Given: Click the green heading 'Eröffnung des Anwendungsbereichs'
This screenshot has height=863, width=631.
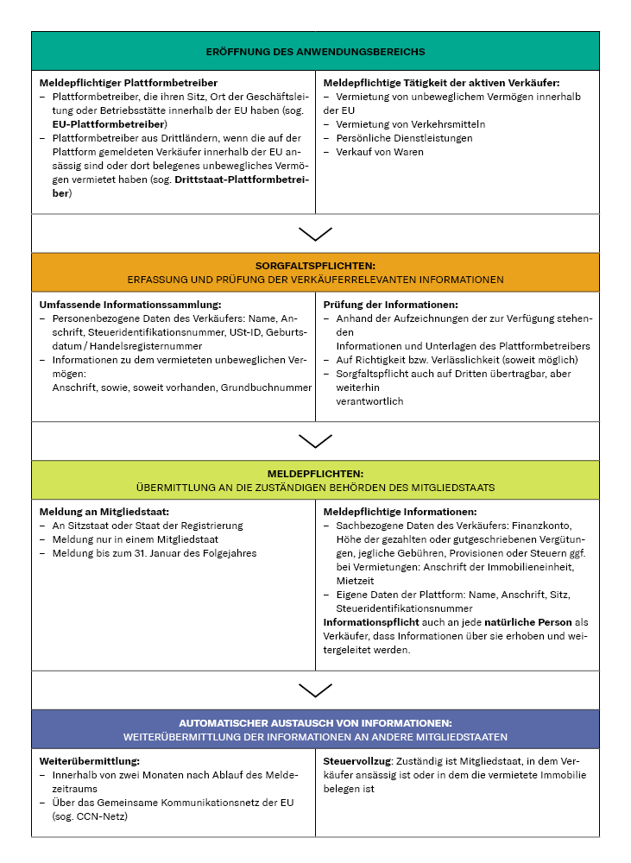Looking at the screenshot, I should click(x=315, y=52).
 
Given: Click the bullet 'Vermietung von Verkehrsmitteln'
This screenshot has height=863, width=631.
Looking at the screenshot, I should click(x=399, y=124).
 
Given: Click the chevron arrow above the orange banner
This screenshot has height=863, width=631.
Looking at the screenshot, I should click(x=315, y=234).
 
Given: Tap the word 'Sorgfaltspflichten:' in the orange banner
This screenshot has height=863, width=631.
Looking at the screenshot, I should click(x=315, y=266).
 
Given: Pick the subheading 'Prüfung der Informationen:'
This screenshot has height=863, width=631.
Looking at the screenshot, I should click(x=390, y=305).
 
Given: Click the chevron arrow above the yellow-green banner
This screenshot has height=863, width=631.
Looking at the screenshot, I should click(x=315, y=441).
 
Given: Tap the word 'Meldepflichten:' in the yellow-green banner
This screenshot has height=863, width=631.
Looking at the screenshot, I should click(x=315, y=474).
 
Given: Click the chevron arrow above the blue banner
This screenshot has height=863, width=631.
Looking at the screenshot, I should click(x=315, y=690).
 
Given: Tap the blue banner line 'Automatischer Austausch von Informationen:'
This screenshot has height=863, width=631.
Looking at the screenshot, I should click(x=315, y=723).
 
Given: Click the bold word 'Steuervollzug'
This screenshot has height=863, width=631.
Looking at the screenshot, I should click(x=357, y=762).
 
